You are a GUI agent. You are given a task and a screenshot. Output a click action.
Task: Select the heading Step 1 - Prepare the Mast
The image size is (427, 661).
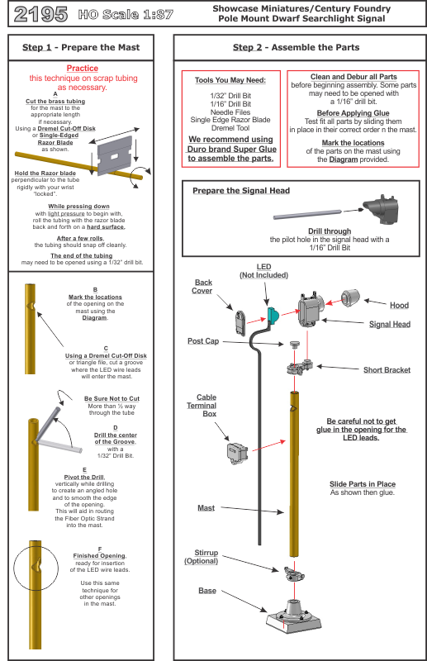81,48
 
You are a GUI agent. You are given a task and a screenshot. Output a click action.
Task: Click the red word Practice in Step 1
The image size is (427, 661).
82,69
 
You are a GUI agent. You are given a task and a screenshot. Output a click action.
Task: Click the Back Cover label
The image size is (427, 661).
202,286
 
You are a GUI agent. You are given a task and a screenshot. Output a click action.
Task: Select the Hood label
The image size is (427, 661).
399,306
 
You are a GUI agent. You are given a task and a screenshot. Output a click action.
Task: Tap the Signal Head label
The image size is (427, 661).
389,325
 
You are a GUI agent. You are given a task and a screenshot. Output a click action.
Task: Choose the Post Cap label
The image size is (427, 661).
202,341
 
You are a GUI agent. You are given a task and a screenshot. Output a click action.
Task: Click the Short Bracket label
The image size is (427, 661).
387,370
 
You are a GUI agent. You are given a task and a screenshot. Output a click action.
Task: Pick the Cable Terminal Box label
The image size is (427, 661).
206,405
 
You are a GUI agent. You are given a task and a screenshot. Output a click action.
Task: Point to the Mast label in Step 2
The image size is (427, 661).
206,508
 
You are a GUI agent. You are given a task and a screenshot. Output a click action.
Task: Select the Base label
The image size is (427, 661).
206,591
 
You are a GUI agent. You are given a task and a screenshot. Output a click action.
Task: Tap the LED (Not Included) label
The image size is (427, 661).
263,270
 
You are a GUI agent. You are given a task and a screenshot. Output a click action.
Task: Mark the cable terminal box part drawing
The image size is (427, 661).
237,453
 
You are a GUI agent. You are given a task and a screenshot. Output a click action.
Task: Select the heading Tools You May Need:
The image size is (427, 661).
230,81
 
